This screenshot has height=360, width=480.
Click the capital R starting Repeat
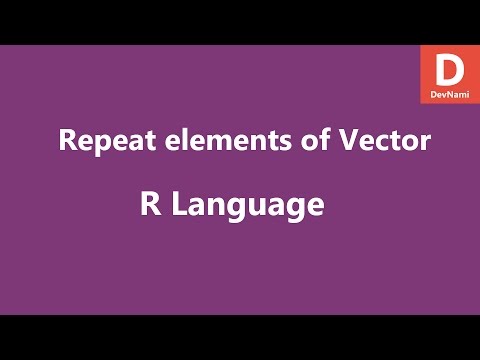[x=68, y=141]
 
